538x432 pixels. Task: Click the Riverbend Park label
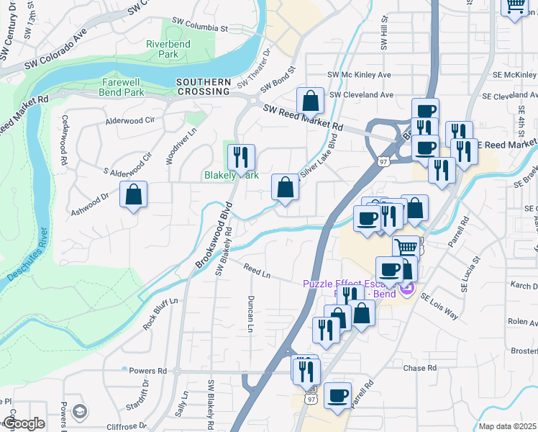click(162, 49)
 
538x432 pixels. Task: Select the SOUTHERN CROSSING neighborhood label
click(204, 86)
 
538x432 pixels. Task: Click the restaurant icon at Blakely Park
click(241, 156)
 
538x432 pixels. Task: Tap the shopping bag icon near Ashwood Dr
click(134, 194)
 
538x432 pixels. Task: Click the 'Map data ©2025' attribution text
click(507, 426)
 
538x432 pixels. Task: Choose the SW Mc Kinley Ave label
click(359, 74)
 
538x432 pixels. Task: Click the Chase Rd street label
click(420, 368)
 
